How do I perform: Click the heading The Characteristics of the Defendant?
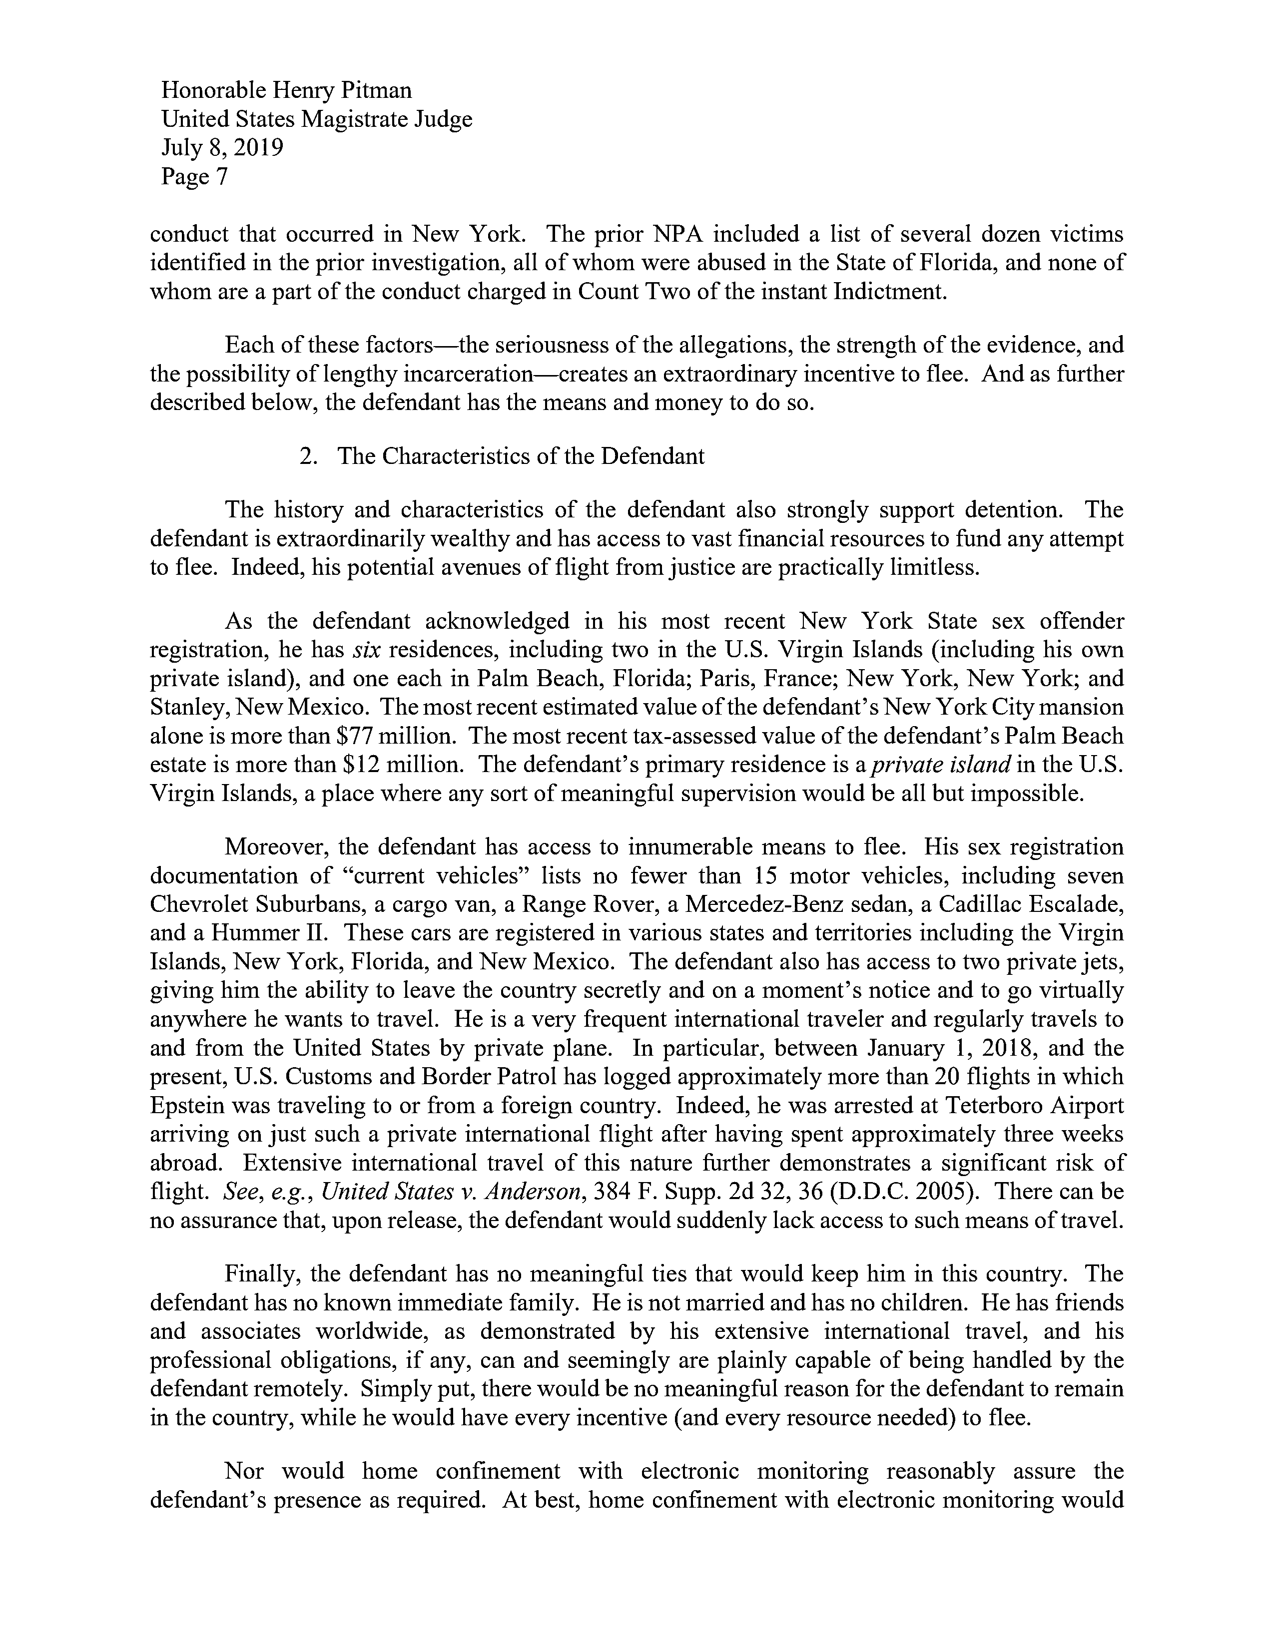(x=521, y=456)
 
